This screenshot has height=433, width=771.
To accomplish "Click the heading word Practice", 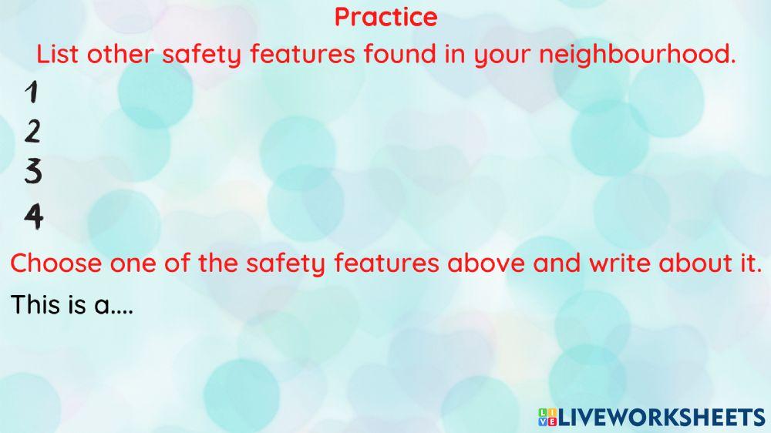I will click(x=385, y=17).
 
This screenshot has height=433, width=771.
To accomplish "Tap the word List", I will click(x=59, y=55).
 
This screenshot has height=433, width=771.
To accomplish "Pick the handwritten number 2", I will click(x=32, y=133).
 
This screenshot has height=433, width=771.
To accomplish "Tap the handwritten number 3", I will click(x=32, y=172).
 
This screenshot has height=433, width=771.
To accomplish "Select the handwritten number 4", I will click(x=33, y=216).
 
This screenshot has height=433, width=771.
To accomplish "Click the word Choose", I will click(x=56, y=263).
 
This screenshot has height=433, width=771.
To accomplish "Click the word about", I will click(x=698, y=263).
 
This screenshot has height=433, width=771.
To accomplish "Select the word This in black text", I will click(x=35, y=305).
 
